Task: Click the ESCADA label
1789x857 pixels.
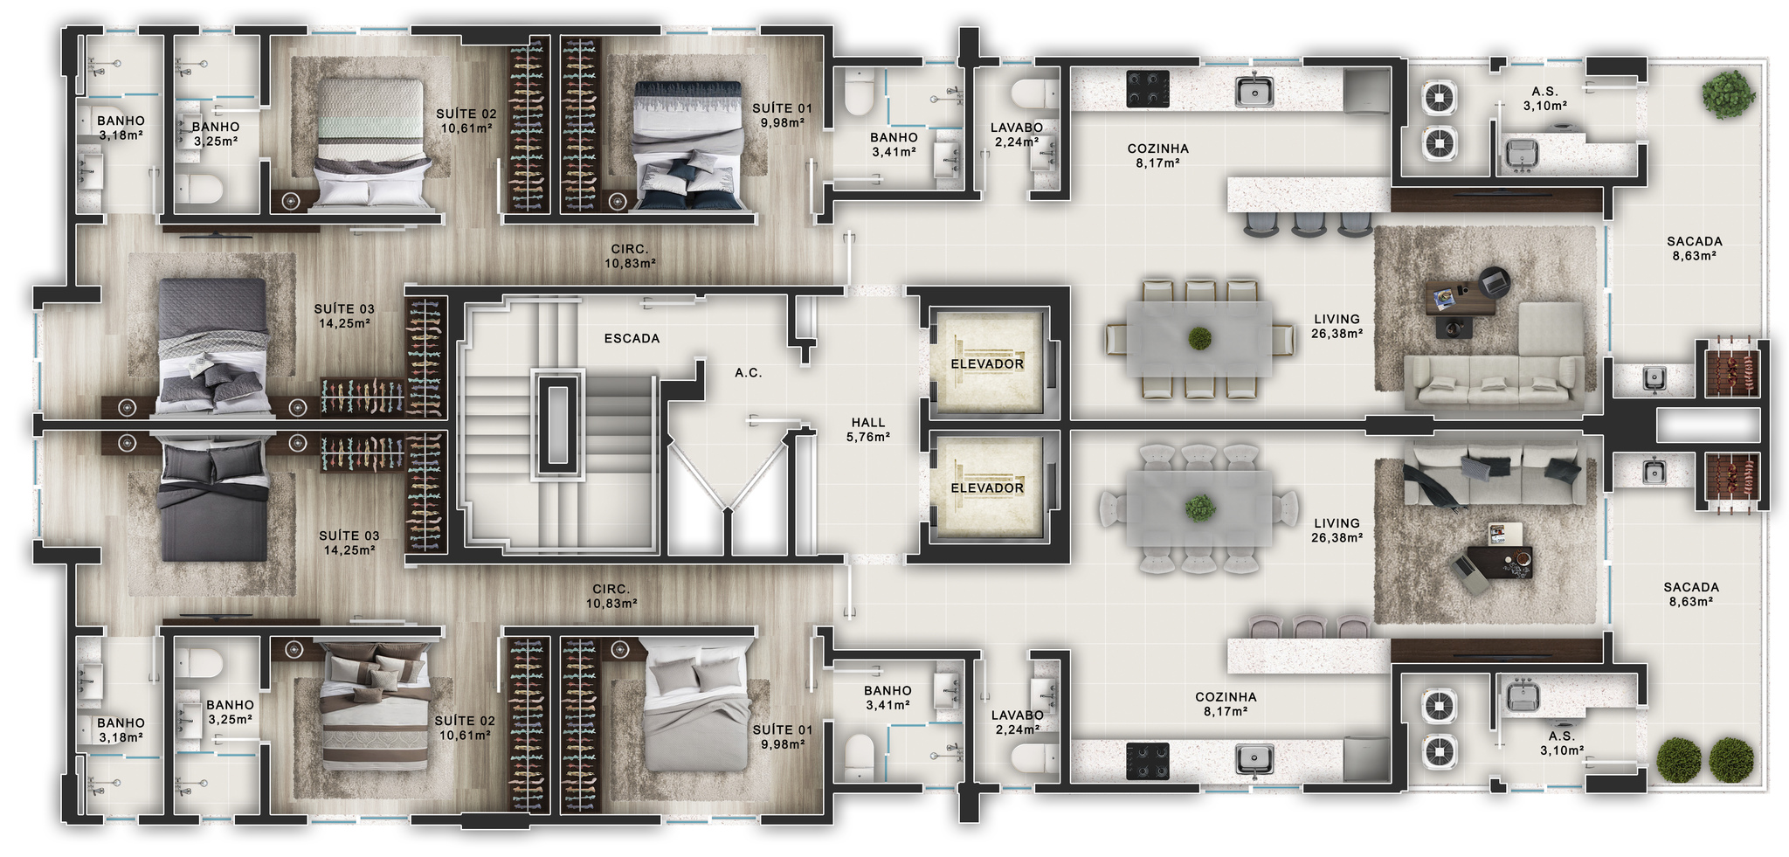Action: click(632, 338)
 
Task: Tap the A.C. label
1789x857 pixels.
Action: click(748, 373)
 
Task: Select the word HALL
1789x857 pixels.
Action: click(868, 423)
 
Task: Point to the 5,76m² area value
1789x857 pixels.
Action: click(868, 437)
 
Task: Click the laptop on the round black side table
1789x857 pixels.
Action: click(1495, 281)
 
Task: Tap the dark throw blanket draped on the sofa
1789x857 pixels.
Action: click(1431, 487)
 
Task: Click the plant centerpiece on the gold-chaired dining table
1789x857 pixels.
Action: click(1199, 338)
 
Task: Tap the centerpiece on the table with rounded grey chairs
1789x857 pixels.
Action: click(1200, 508)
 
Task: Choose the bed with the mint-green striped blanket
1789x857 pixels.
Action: click(371, 144)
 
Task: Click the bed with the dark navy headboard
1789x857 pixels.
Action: click(690, 145)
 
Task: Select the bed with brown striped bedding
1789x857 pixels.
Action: click(375, 706)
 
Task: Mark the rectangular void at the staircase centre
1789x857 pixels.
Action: click(557, 425)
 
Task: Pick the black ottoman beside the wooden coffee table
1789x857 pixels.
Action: click(1454, 327)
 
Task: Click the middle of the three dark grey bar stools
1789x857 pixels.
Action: click(1308, 224)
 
